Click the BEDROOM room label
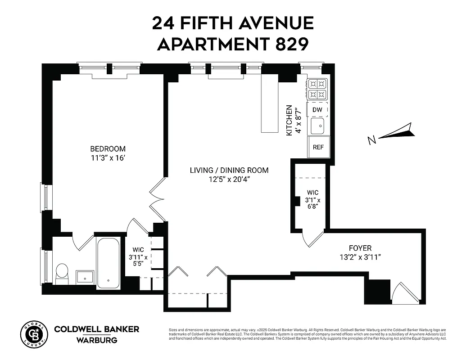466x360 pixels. (108, 149)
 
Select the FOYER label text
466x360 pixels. (360, 248)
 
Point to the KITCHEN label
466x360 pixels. (290, 120)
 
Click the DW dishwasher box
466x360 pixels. (317, 109)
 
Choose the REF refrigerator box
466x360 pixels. (318, 147)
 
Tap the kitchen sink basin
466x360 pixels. (318, 126)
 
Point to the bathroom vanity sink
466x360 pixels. (85, 276)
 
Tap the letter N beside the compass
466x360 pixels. (372, 141)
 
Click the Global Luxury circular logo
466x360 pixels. (33, 335)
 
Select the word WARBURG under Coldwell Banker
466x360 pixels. (96, 340)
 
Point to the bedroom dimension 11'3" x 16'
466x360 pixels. (108, 157)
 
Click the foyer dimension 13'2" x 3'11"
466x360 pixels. (360, 257)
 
